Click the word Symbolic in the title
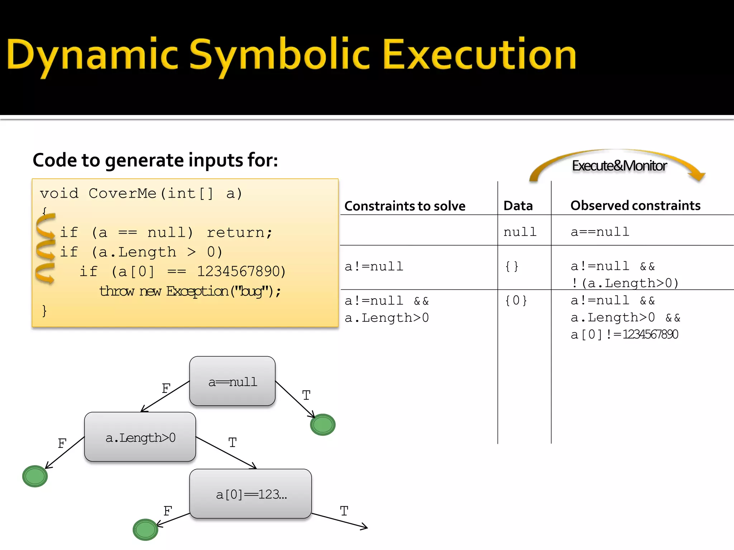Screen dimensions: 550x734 [279, 56]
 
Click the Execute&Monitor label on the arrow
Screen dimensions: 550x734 [619, 166]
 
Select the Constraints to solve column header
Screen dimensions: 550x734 [405, 206]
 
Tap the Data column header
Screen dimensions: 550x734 [518, 206]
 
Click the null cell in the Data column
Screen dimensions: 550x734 [520, 232]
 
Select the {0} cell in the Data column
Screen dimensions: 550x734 [516, 300]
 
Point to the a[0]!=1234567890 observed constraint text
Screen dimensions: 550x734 [624, 334]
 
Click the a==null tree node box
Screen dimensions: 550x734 [232, 381]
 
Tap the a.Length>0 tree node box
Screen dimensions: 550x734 [140, 437]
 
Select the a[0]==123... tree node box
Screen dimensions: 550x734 [251, 494]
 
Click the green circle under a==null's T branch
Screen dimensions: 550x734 [323, 425]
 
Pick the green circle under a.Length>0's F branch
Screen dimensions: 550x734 [35, 476]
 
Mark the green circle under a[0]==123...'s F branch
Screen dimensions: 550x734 [145, 530]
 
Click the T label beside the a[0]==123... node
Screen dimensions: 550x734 [344, 511]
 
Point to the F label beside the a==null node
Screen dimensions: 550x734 [166, 388]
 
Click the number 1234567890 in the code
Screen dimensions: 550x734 [241, 271]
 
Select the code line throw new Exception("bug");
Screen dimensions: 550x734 [190, 291]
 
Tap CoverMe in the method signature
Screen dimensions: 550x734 [122, 193]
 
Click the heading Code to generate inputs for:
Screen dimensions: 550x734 [155, 160]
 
